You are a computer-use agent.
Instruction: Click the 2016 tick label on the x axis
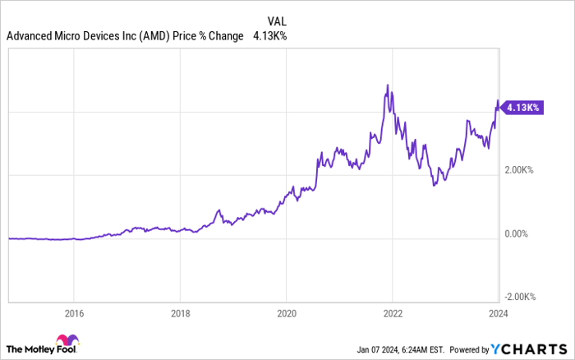click(74, 313)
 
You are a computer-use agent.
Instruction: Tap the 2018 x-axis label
click(180, 313)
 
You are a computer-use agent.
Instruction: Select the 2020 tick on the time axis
click(286, 313)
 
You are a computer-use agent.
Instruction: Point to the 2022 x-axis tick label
click(392, 313)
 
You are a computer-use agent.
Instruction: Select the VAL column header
click(277, 20)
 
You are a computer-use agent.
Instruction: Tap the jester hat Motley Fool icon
click(67, 342)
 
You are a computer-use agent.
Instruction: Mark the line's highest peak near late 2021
click(386, 85)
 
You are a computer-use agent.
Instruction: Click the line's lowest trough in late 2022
click(434, 185)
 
